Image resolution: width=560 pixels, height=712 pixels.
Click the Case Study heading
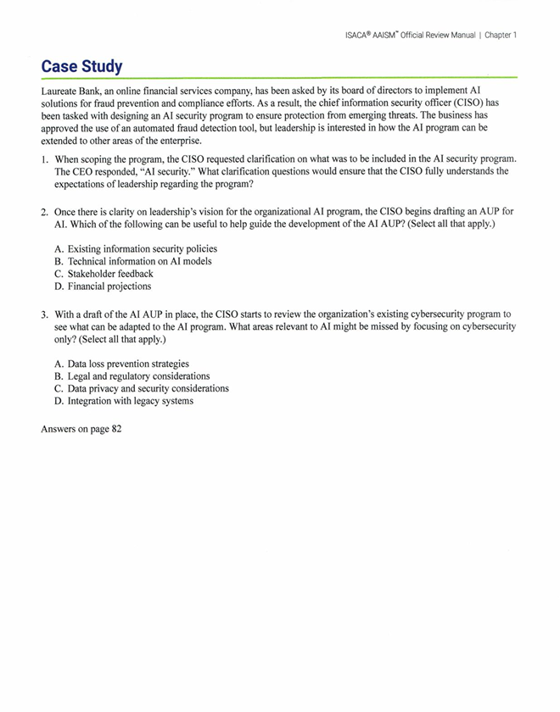(x=81, y=66)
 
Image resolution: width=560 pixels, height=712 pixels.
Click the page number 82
(x=116, y=429)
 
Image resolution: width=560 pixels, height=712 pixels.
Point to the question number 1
(x=44, y=159)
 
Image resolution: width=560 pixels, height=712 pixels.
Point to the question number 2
(x=44, y=212)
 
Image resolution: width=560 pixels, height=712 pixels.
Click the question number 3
(x=44, y=314)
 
